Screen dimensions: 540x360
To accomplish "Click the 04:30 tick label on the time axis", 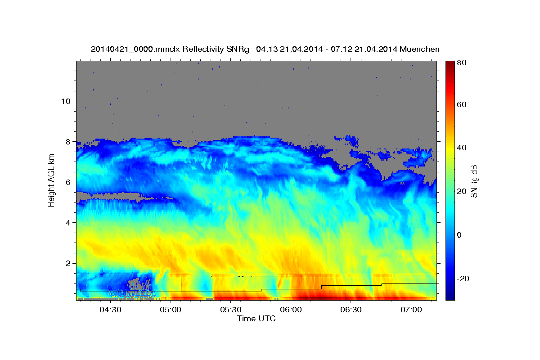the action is coord(110,310).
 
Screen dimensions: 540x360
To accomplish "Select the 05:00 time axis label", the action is coord(171,310).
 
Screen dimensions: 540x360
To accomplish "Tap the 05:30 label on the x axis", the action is coord(231,310).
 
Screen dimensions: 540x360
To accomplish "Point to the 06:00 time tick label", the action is coord(291,310).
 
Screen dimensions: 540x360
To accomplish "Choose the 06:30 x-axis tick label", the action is coord(351,310).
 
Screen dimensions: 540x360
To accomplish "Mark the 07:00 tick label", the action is coord(411,310).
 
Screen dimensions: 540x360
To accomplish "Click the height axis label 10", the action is coord(66,101).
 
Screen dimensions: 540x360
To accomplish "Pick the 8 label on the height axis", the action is coord(68,142).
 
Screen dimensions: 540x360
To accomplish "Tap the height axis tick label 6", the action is coord(68,182).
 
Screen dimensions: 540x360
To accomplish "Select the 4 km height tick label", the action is coord(68,223).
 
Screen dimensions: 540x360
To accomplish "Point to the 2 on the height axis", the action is coord(68,263).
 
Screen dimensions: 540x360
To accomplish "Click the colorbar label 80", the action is coord(462,63).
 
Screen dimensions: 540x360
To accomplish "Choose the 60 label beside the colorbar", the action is coord(462,104).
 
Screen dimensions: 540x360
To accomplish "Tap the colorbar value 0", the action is coord(459,235).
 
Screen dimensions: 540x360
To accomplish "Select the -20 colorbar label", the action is coord(463,279).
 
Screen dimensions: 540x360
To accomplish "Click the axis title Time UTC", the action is coord(256,319).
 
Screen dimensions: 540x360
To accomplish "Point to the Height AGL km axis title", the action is coord(51,180).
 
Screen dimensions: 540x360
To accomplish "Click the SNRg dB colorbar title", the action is coord(474,181).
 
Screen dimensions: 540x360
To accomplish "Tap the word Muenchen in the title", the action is coord(419,49).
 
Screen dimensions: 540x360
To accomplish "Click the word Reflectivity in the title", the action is coord(203,49).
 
